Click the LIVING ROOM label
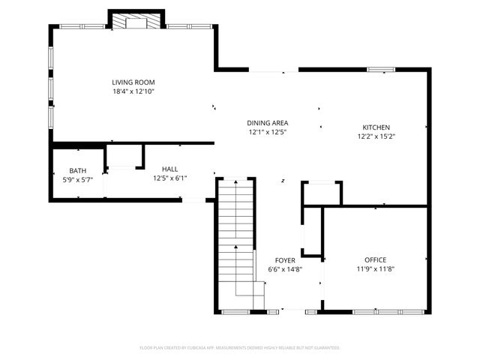pyautogui.click(x=133, y=82)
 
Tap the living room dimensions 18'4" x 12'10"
pyautogui.click(x=133, y=91)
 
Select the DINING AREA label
pyautogui.click(x=268, y=123)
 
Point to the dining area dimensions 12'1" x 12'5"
pyautogui.click(x=268, y=132)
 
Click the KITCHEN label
pyautogui.click(x=376, y=127)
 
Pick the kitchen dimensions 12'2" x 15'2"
pyautogui.click(x=376, y=136)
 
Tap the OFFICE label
pyautogui.click(x=375, y=260)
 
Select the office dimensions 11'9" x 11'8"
pyautogui.click(x=375, y=269)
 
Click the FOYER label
pyautogui.click(x=285, y=260)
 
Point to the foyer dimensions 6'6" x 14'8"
pyautogui.click(x=285, y=269)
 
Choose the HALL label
pyautogui.click(x=170, y=169)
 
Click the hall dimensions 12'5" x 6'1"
pyautogui.click(x=170, y=178)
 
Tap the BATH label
pyautogui.click(x=78, y=171)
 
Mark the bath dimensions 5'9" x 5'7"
pyautogui.click(x=78, y=180)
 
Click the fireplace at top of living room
pyautogui.click(x=136, y=22)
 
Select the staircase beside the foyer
pyautogui.click(x=236, y=240)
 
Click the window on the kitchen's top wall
pyautogui.click(x=381, y=70)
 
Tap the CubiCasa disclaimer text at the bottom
pyautogui.click(x=240, y=348)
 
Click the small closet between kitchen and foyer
pyautogui.click(x=321, y=193)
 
